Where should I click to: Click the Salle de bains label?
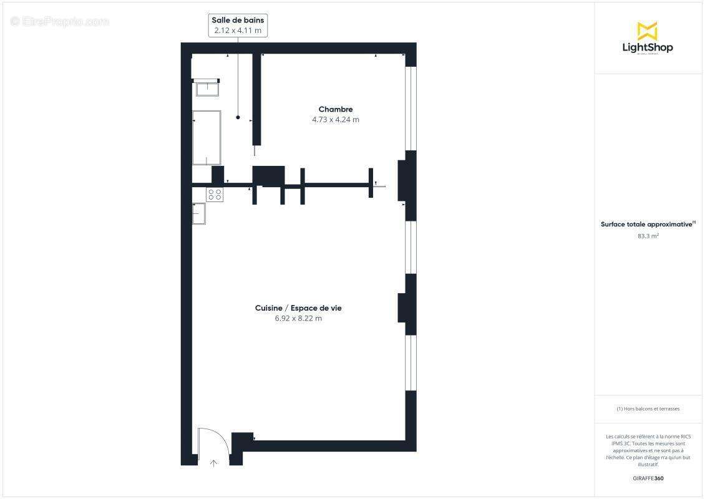click(238, 21)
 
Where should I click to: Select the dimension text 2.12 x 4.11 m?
click(238, 30)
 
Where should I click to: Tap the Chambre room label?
click(336, 109)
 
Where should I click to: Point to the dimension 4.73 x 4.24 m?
click(336, 120)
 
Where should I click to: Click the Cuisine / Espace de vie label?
click(298, 308)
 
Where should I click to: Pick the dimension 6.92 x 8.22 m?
click(298, 318)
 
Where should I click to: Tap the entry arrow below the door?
click(213, 463)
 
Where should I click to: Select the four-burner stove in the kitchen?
click(215, 195)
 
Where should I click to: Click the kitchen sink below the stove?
click(198, 213)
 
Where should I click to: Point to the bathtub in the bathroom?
click(207, 137)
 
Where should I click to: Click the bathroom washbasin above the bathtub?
click(207, 88)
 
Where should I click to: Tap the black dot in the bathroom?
click(238, 117)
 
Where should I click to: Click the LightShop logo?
click(648, 37)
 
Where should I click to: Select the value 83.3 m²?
click(648, 236)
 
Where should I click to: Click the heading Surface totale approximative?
click(646, 224)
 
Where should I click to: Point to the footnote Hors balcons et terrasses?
click(648, 409)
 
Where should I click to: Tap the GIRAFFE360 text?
click(648, 478)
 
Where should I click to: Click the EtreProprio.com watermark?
click(60, 21)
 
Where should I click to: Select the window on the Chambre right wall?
click(410, 108)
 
